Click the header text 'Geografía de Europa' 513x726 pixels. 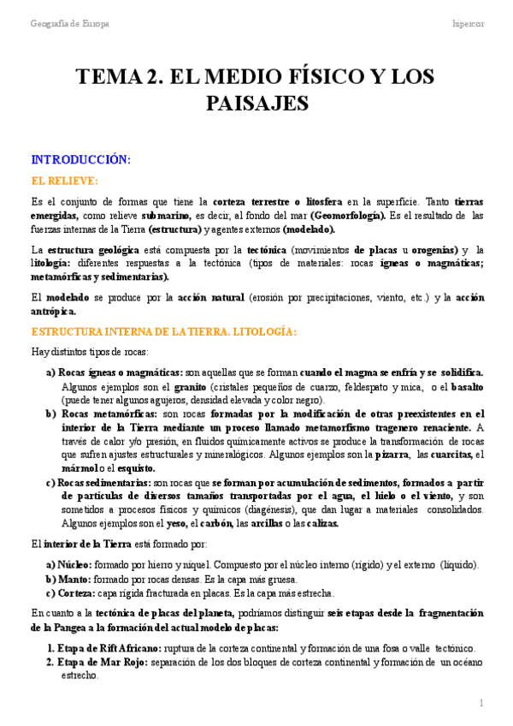click(x=70, y=24)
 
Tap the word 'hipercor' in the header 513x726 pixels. click(x=468, y=24)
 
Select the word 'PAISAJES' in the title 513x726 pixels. click(x=256, y=104)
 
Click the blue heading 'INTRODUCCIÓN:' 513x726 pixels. click(x=80, y=159)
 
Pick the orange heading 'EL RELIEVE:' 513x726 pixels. click(x=64, y=181)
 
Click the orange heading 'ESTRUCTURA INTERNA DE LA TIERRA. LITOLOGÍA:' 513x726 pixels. click(x=163, y=331)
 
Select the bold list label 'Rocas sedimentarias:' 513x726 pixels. click(x=106, y=483)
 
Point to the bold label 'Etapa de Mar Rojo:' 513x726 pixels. click(x=98, y=662)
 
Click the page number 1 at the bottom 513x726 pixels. click(x=481, y=703)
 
